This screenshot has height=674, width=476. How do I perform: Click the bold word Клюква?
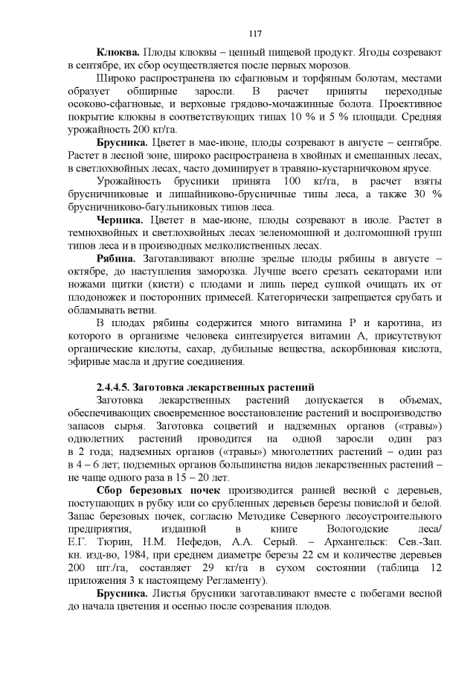coord(117,54)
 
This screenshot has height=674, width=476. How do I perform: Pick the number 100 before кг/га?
coord(293,181)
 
